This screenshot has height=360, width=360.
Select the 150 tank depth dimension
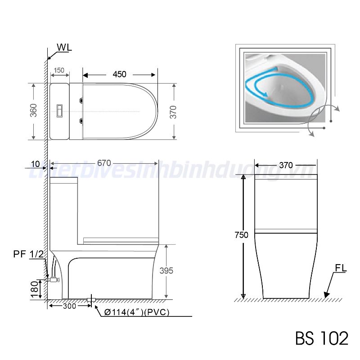(59, 71)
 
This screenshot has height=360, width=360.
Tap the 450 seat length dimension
(119, 74)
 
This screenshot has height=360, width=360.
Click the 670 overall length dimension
(103, 163)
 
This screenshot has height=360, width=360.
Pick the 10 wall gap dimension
(36, 164)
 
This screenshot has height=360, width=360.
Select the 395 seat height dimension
(166, 270)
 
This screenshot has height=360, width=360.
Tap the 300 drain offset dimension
(69, 306)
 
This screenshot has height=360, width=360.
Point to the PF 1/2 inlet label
(29, 254)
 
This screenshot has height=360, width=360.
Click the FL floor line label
(340, 269)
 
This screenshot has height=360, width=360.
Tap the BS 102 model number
(321, 338)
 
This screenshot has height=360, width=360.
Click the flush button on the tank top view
(58, 111)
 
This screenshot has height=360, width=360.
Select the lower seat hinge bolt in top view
(81, 120)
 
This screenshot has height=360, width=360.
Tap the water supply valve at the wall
(53, 279)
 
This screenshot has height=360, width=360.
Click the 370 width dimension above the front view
(286, 165)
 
